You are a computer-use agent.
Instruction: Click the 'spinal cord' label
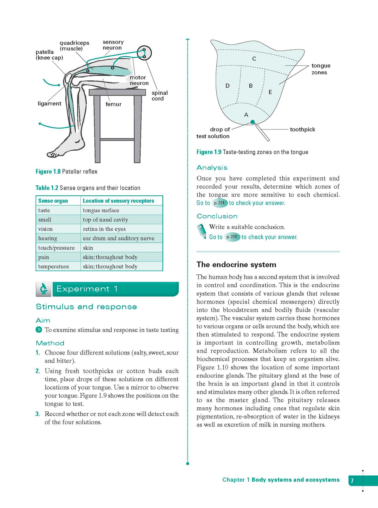(160, 96)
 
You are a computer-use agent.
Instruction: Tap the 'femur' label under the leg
(113, 104)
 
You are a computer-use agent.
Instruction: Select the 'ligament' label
(49, 103)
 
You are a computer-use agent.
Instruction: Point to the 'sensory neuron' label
(113, 45)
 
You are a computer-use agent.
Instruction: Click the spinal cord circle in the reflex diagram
(144, 53)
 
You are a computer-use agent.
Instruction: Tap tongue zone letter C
(254, 59)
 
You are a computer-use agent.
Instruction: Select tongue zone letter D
(228, 86)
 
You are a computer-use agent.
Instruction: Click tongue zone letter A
(246, 115)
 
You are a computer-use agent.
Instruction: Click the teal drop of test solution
(252, 122)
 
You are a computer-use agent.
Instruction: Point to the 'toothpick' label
(302, 129)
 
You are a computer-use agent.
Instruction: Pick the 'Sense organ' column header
(53, 201)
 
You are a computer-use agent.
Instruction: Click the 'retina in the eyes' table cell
(104, 229)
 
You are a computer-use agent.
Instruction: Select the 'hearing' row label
(48, 238)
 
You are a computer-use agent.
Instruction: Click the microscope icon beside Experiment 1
(44, 289)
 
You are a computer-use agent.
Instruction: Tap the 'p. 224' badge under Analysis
(219, 203)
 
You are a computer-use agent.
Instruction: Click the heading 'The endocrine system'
(236, 265)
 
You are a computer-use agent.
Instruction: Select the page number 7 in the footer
(352, 480)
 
